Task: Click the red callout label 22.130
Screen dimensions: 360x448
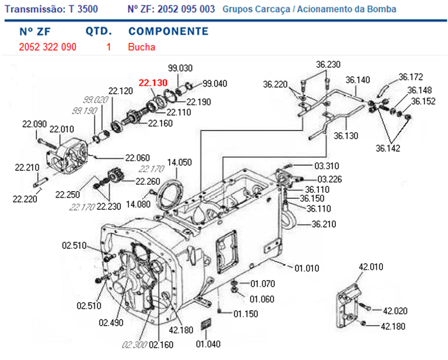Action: point(153,83)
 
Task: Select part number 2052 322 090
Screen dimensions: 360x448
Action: point(48,47)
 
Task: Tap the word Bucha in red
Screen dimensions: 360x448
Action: point(141,47)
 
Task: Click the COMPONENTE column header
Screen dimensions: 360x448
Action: point(168,31)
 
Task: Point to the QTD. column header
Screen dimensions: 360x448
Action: point(99,31)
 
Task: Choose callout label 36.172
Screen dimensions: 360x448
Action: point(411,77)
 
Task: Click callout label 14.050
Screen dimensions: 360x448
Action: point(179,163)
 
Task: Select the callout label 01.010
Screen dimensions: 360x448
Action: point(307,267)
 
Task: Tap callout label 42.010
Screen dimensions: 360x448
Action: point(371,267)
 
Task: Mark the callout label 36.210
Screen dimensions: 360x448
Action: point(324,224)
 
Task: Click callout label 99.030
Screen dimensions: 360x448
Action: point(180,68)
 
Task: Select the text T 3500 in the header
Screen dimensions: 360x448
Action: point(83,9)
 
